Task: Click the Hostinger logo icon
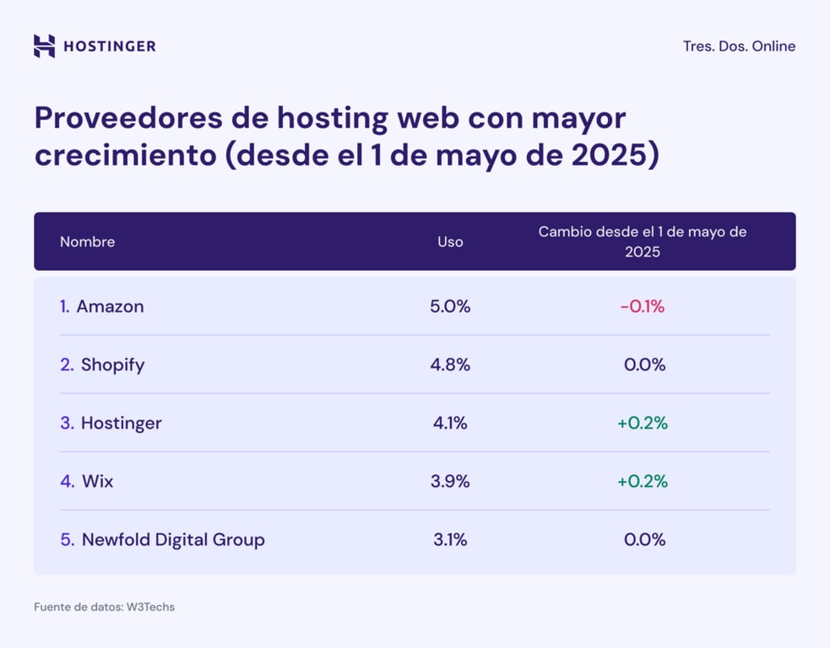(x=44, y=46)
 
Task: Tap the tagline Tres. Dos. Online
(x=739, y=46)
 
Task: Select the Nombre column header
(x=87, y=241)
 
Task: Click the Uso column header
(x=450, y=241)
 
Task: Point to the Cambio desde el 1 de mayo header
(x=643, y=241)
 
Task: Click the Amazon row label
(x=110, y=306)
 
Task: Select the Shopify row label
(x=112, y=364)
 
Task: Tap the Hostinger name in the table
(x=121, y=423)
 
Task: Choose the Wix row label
(x=97, y=481)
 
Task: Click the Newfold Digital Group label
(x=173, y=539)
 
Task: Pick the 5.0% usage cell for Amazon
(x=450, y=306)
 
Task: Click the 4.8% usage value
(x=450, y=364)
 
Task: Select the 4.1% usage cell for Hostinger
(x=450, y=423)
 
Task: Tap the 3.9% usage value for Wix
(x=450, y=481)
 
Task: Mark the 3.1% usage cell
(x=450, y=539)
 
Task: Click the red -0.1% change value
(x=643, y=306)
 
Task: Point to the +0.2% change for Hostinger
(x=643, y=423)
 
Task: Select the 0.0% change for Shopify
(x=644, y=364)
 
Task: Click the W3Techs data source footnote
(x=104, y=607)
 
